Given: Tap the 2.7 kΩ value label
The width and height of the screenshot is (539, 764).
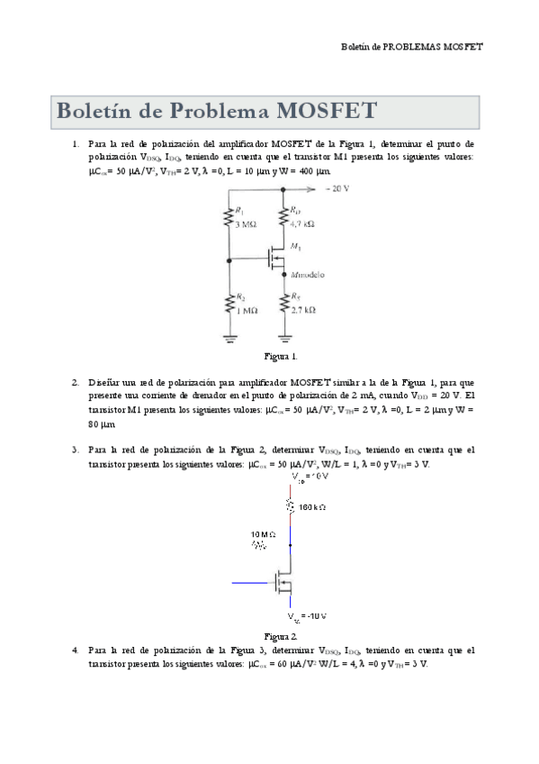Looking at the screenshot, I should (303, 309).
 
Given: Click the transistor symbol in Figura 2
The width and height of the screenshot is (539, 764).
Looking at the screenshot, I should (283, 584).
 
